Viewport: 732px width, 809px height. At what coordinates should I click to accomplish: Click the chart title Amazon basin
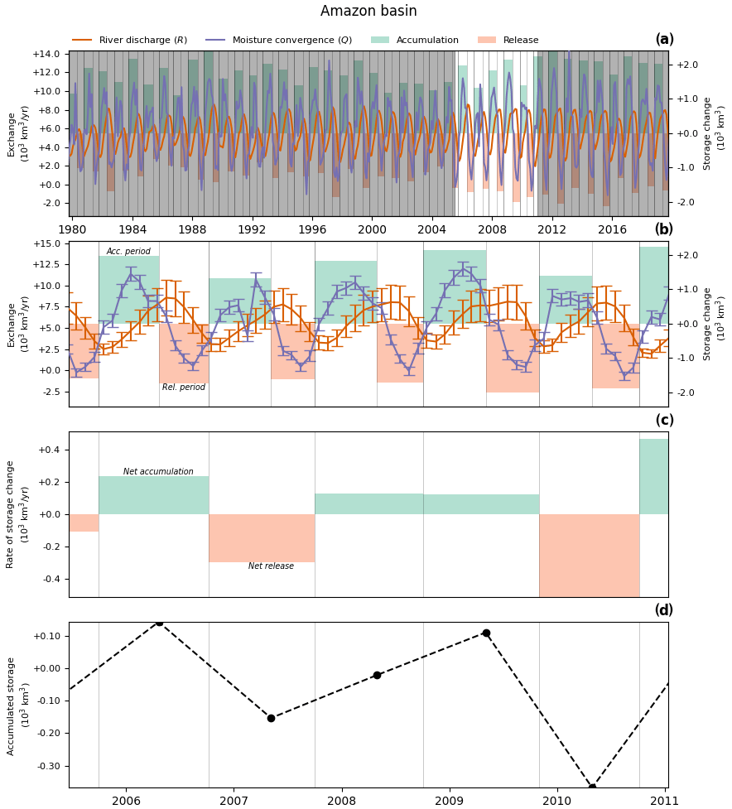(368, 12)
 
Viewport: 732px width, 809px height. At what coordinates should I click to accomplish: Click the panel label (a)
(664, 40)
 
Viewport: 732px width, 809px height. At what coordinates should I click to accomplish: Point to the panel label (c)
(664, 420)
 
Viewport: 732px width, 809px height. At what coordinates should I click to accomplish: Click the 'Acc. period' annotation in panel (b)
(128, 252)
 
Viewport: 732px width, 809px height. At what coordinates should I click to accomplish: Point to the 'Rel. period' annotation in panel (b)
(184, 388)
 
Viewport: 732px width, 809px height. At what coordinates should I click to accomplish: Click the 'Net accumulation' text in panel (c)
(158, 472)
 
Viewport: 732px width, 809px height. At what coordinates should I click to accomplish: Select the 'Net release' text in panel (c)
(271, 566)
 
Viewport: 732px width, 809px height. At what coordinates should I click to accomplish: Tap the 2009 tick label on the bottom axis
(449, 801)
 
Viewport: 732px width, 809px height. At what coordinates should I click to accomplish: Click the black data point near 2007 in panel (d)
(271, 718)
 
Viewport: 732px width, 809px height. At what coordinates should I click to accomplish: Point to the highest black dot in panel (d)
(160, 623)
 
